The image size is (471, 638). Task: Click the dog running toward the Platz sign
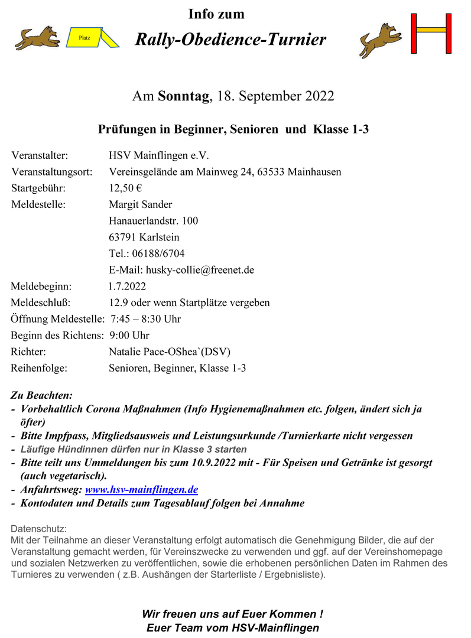pos(37,38)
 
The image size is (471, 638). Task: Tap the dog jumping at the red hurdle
pos(379,40)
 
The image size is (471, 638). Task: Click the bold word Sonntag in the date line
pos(184,96)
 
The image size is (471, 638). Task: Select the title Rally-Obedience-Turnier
pos(230,40)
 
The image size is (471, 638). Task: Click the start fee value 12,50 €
pos(125,188)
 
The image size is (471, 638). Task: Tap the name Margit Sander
pos(141,204)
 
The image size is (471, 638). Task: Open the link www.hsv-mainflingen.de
pos(141,489)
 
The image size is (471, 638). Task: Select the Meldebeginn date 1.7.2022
pos(127,287)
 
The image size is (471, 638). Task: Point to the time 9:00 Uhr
pos(129,336)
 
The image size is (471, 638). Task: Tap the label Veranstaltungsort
pos(51,172)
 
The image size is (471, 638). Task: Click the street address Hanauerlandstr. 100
pos(154,221)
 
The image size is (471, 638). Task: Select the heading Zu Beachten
pos(41,395)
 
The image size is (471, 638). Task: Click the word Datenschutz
pos(39,528)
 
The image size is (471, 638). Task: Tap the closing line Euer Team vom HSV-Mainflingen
pos(233,628)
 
